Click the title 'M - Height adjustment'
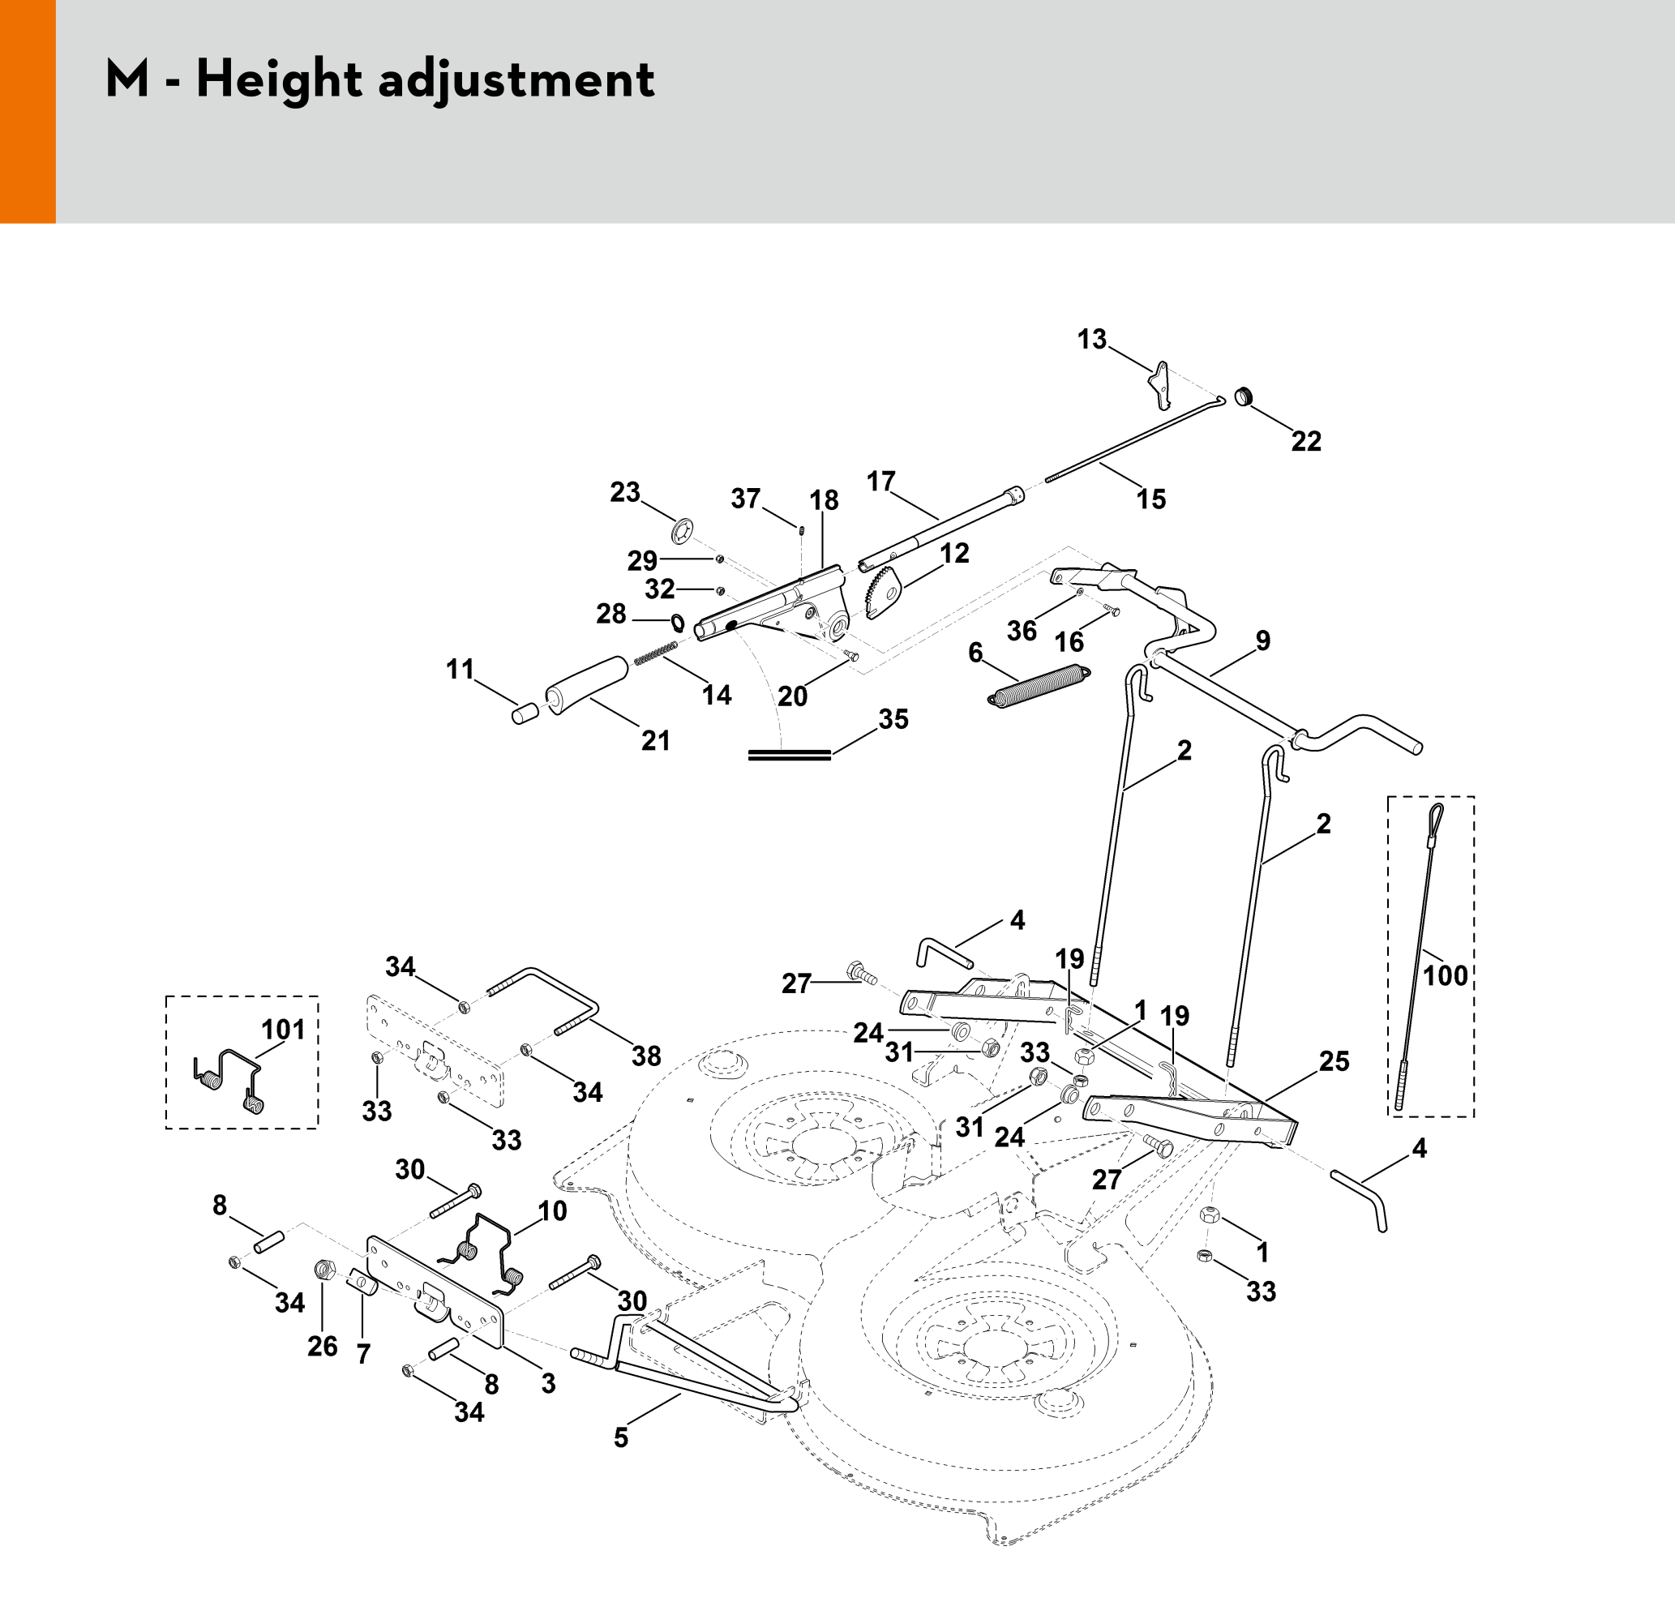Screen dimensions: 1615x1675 point(379,80)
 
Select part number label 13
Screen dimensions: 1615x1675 point(1091,339)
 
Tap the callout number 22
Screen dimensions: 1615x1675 point(1306,441)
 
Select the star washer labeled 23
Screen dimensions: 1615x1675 point(683,531)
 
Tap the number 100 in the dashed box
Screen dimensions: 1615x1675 point(1445,975)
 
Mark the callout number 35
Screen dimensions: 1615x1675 point(893,718)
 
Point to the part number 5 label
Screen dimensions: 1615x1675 point(621,1437)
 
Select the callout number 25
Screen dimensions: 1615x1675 point(1334,1061)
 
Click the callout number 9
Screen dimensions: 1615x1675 point(1262,640)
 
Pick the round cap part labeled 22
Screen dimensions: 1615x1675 point(1244,397)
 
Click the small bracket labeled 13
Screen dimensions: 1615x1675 point(1160,384)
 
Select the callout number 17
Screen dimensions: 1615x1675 point(880,481)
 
